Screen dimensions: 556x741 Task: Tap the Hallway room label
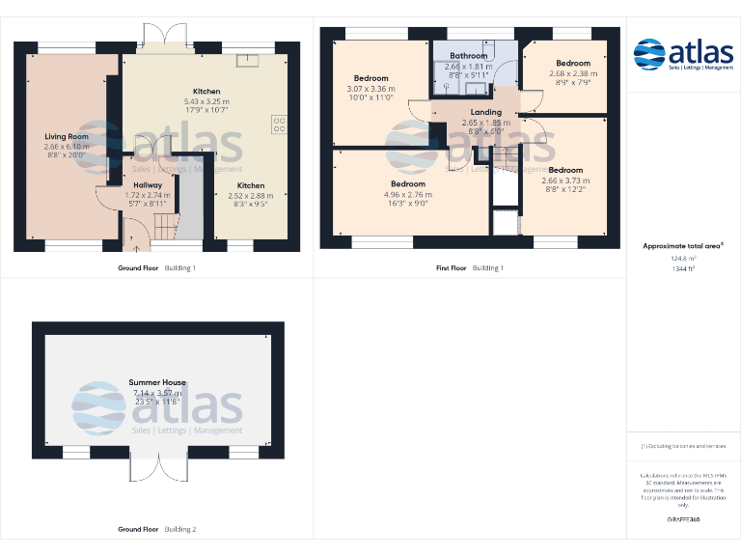coord(148,184)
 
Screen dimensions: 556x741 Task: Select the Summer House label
coord(157,382)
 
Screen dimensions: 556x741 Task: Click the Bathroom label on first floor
coord(468,56)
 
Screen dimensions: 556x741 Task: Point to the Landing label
coord(485,112)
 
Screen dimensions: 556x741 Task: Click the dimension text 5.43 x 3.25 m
coord(206,101)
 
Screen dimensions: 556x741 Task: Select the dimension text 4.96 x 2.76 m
coord(408,194)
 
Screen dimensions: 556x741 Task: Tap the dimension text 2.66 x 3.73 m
coord(565,181)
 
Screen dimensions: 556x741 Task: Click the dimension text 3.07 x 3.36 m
coord(370,89)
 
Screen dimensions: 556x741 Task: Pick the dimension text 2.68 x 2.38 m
coord(572,73)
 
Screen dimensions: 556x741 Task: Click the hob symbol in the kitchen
coord(281,123)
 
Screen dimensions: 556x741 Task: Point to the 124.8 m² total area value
coord(682,258)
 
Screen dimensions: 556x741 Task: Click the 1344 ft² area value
coord(682,268)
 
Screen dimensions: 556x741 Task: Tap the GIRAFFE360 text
coord(682,519)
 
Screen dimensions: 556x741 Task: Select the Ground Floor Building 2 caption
coord(156,529)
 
